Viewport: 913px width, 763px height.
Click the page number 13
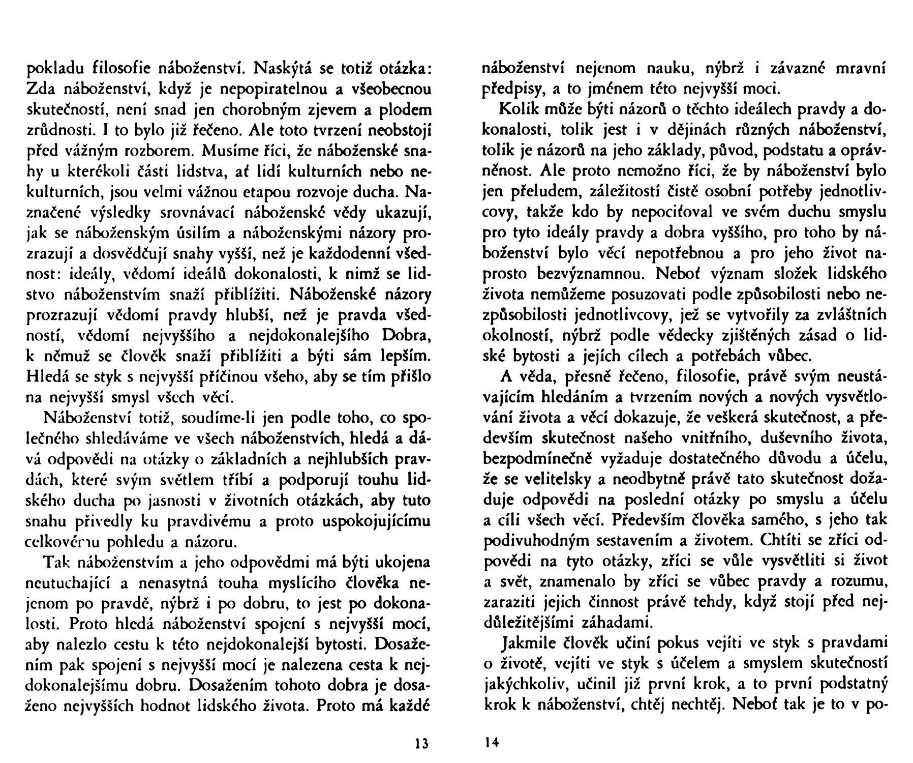[422, 744]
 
